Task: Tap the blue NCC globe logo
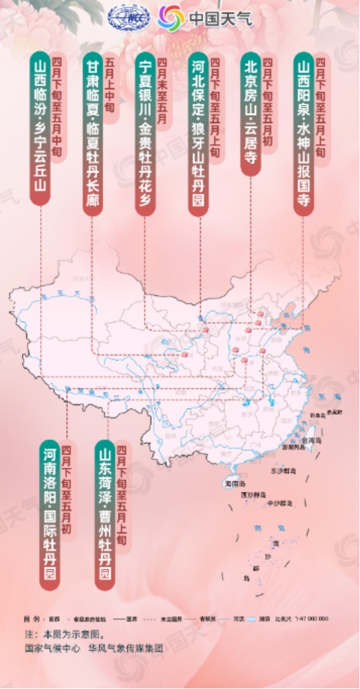click(129, 17)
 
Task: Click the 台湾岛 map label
click(310, 439)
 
